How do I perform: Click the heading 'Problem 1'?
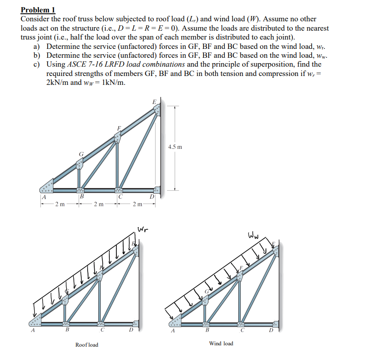(x=38, y=10)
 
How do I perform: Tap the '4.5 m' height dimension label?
(x=175, y=146)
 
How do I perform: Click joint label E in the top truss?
(x=154, y=101)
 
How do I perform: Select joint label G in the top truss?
(x=81, y=154)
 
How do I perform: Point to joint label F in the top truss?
(x=119, y=128)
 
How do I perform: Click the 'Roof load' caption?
(x=87, y=344)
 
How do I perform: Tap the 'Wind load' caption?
(x=221, y=343)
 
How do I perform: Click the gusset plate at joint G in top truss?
(x=80, y=164)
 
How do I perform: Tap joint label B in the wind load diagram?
(x=207, y=330)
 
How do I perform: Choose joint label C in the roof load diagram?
(x=102, y=330)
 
